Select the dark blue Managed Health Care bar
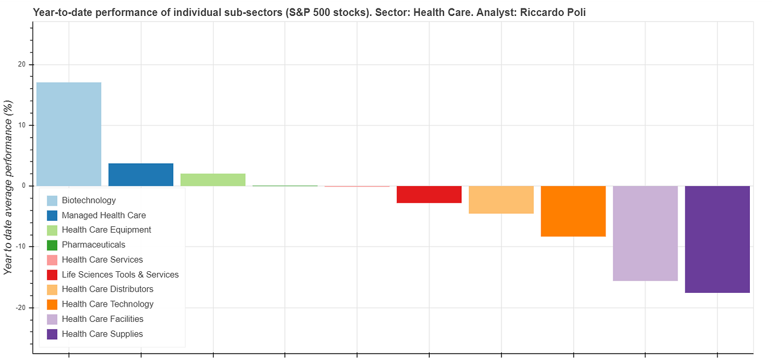click(141, 175)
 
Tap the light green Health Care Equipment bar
click(213, 180)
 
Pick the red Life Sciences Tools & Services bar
click(429, 195)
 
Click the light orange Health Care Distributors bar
click(501, 200)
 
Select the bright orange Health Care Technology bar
click(573, 211)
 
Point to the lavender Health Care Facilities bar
click(645, 233)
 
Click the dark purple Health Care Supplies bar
click(717, 239)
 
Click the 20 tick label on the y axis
click(22, 64)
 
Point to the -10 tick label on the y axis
click(20, 247)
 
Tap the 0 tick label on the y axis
click(23, 186)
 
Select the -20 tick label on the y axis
click(20, 308)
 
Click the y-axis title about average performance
click(9, 187)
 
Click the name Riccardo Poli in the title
click(553, 12)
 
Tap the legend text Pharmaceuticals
click(93, 245)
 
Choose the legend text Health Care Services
click(102, 260)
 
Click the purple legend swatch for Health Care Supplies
click(52, 334)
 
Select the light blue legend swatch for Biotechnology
click(52, 201)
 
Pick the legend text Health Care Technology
click(107, 304)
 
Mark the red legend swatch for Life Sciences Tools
click(52, 275)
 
